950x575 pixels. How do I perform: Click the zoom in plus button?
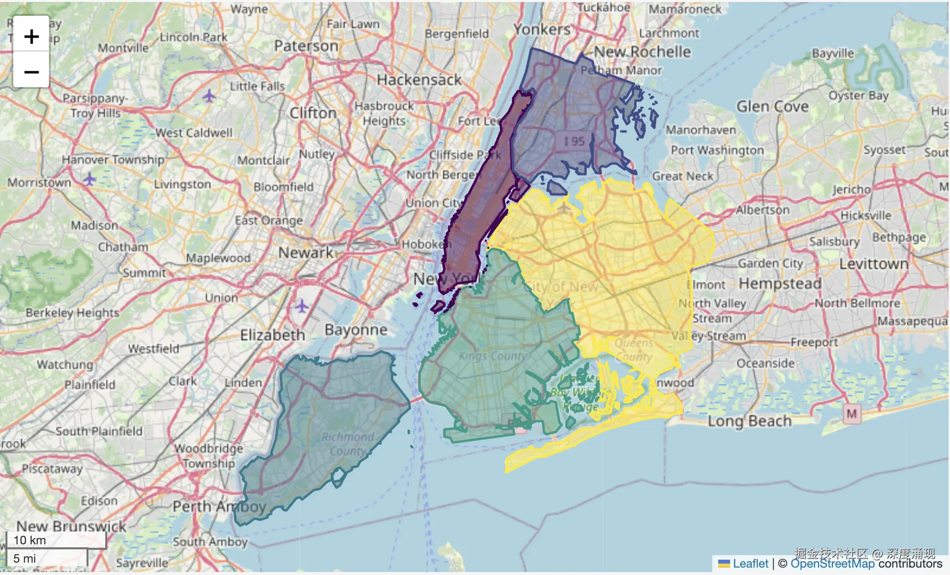31,36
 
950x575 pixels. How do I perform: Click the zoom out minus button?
31,72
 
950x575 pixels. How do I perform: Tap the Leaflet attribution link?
750,564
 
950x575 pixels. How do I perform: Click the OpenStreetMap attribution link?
832,564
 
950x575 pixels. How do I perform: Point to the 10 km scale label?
30,540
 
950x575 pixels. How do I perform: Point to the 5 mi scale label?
25,558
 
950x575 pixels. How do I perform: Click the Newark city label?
305,252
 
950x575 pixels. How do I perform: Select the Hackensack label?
419,80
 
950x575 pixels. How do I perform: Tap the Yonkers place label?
542,30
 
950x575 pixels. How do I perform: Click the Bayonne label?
356,330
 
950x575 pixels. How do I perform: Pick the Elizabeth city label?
272,335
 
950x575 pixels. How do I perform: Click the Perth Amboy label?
219,507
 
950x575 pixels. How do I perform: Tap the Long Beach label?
749,421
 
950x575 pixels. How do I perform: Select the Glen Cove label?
773,106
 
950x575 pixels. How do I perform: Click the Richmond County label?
348,444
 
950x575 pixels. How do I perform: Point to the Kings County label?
493,356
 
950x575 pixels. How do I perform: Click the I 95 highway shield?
574,142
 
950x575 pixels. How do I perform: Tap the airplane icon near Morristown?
89,179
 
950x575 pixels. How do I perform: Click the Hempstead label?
780,284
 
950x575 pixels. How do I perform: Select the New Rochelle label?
642,51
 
